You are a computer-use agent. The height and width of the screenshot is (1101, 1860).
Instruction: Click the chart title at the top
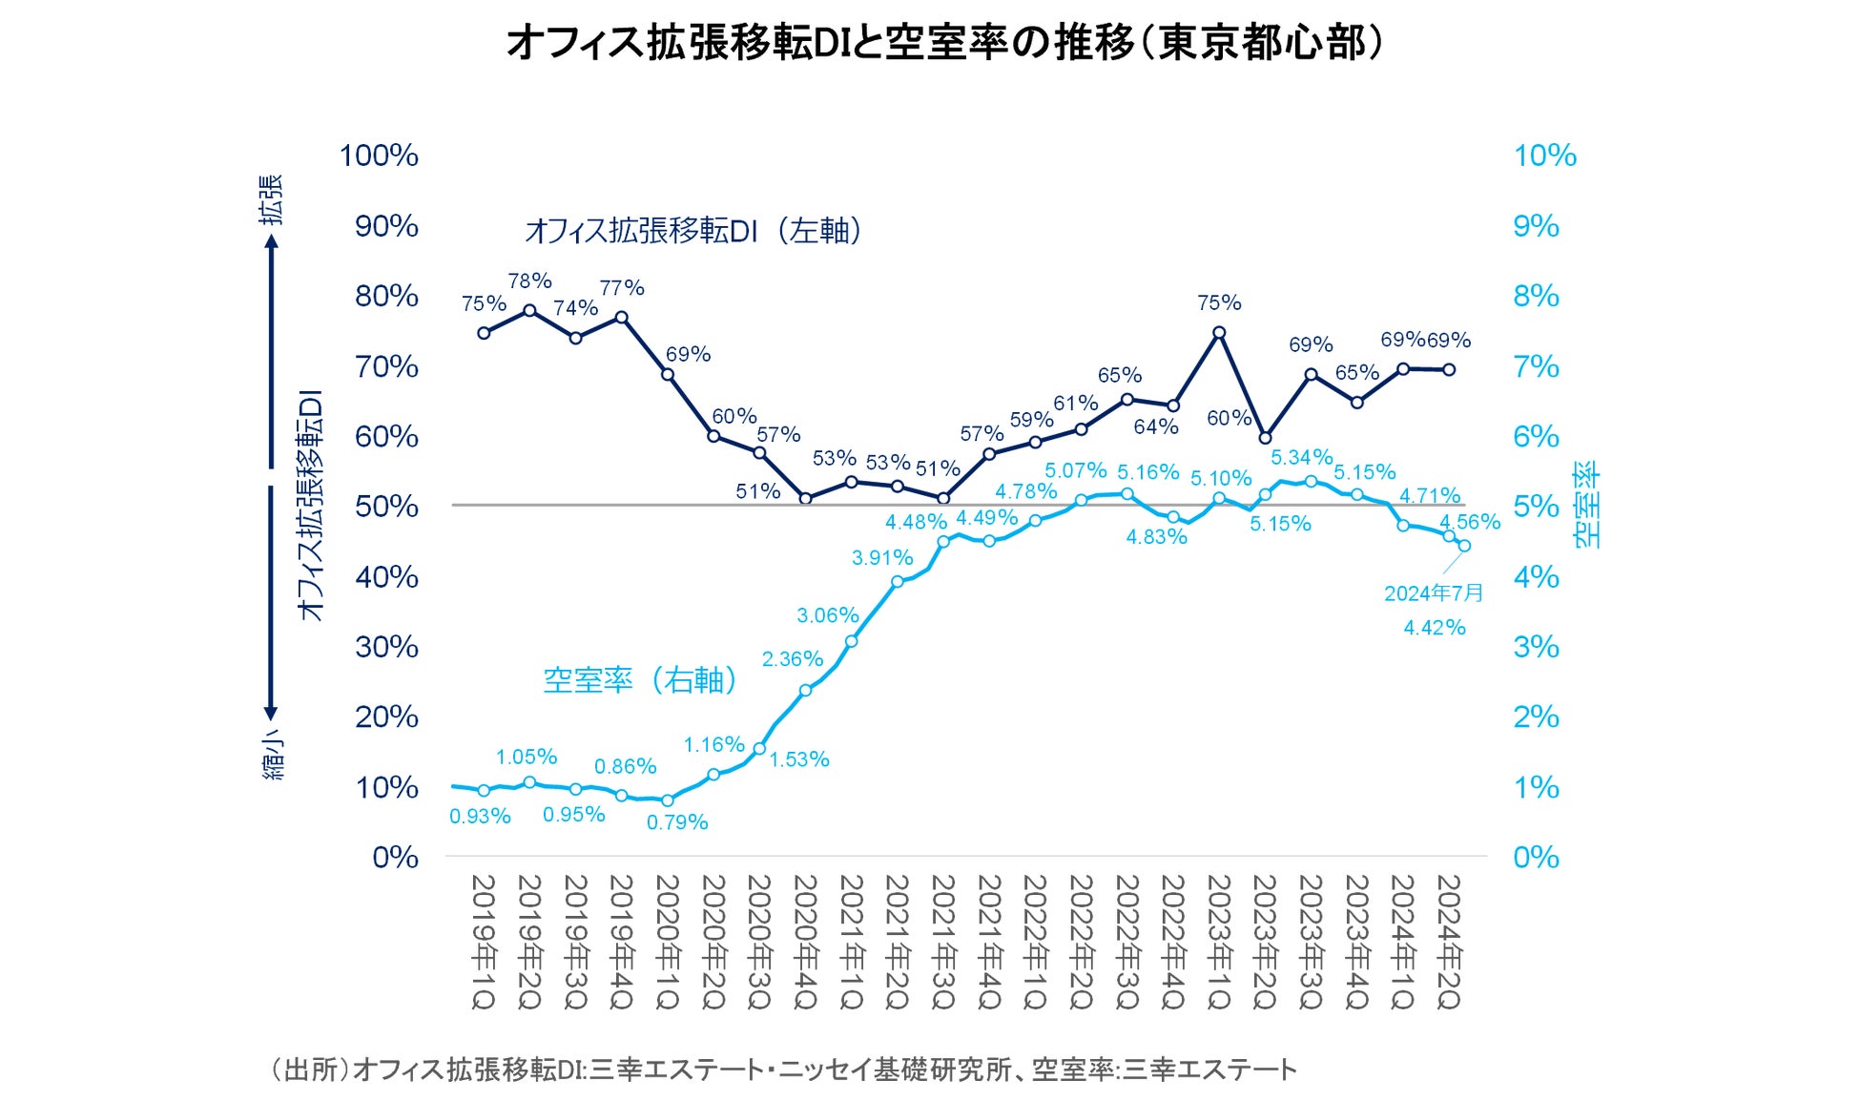point(944,43)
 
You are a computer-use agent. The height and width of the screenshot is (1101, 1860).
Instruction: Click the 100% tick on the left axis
point(379,156)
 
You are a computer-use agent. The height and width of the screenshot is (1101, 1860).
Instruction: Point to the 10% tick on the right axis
point(1544,156)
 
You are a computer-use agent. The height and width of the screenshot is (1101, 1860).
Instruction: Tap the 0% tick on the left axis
point(395,857)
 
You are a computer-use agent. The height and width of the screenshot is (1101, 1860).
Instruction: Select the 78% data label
point(529,280)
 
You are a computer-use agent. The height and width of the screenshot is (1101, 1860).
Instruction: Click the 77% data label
point(622,287)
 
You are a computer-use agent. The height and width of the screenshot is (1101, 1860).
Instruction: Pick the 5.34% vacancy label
point(1301,458)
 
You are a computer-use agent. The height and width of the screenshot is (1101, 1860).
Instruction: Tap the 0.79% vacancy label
point(677,822)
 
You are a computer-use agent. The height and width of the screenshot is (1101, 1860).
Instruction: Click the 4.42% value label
point(1434,628)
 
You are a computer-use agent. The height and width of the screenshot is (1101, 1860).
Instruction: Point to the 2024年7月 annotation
point(1434,593)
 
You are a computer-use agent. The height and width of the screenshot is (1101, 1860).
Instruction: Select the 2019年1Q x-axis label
point(484,942)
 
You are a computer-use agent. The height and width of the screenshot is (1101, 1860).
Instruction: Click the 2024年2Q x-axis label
point(1448,942)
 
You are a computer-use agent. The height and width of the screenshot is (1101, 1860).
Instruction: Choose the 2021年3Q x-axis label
point(943,942)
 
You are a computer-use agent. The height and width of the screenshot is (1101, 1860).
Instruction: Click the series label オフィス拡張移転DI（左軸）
point(693,231)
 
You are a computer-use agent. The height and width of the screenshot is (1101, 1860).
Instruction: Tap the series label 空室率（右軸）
point(640,680)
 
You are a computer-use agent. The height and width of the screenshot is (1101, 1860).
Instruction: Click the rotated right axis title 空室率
point(1587,506)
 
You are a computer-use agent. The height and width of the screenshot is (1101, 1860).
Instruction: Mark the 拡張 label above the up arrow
point(273,199)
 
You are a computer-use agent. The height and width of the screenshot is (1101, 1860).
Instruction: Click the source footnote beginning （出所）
point(782,1070)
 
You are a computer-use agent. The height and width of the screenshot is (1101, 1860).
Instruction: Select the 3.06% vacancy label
point(828,615)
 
